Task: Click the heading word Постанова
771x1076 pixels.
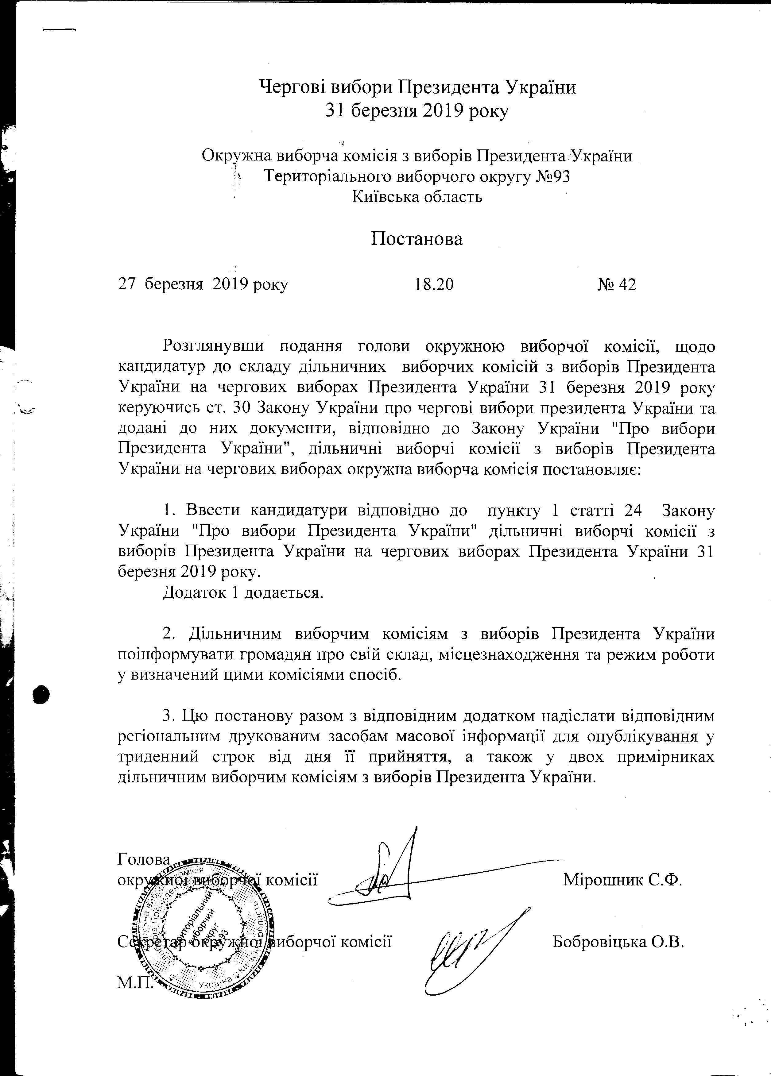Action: (416, 239)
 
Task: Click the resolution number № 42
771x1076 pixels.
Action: (616, 285)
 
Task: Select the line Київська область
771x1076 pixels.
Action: (417, 196)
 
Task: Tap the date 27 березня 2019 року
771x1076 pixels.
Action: (203, 285)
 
